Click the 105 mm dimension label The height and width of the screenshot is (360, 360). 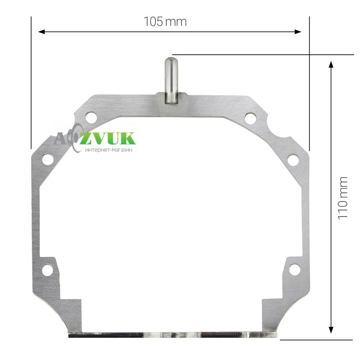pos(165,22)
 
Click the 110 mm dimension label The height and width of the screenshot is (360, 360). pos(343,198)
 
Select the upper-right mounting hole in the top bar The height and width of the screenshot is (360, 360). pos(251,118)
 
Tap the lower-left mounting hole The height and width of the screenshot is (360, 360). pos(47,270)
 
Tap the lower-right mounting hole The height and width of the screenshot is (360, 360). pos(294,269)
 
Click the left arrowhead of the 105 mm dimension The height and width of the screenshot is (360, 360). pos(41,32)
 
